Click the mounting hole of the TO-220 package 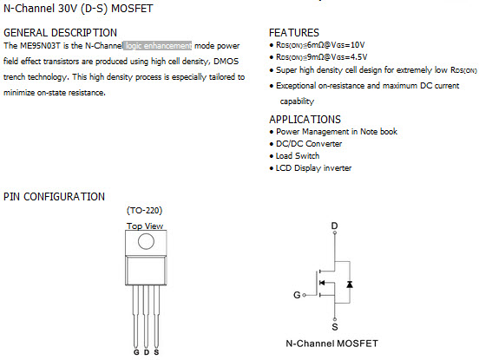146,241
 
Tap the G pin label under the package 136,352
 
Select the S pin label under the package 156,352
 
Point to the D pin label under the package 147,352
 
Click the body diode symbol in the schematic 350,285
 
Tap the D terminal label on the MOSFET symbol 334,226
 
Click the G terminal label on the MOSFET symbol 297,295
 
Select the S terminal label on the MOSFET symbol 335,327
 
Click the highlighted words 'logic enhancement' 158,46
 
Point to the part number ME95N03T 40,46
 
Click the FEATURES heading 294,33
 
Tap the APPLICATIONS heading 305,120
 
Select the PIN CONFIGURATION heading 54,197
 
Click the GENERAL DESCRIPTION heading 60,33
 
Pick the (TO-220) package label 145,211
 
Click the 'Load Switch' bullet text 298,156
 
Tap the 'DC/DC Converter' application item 309,144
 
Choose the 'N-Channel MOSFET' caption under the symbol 331,344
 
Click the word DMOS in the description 226,62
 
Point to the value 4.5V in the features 359,57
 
